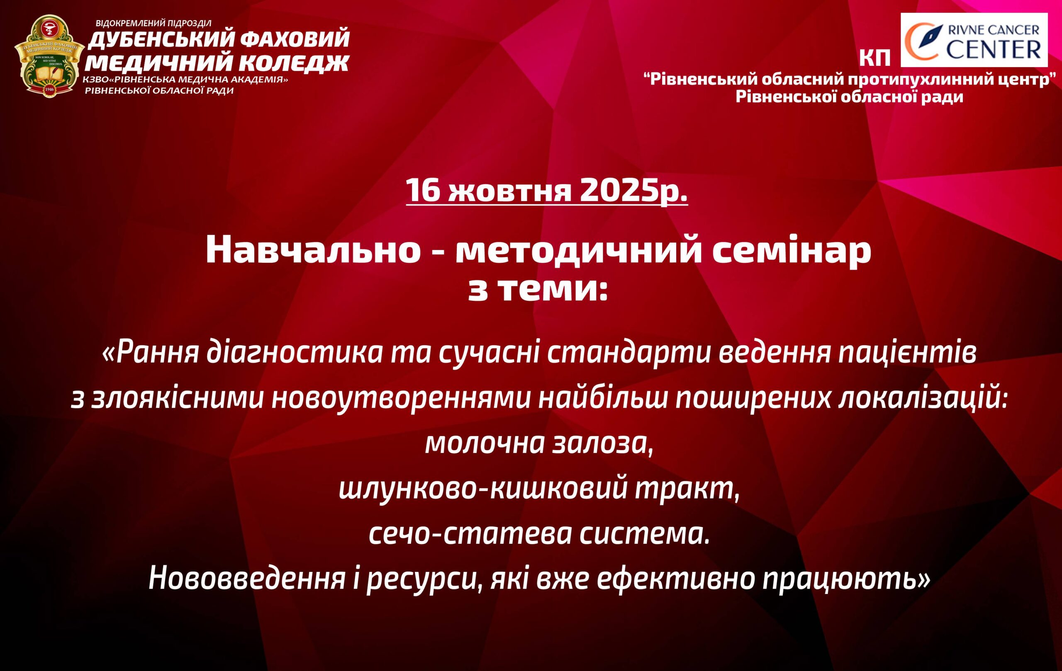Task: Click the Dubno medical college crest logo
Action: click(49, 56)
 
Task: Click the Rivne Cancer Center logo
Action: click(974, 40)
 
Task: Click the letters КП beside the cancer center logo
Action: click(875, 58)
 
